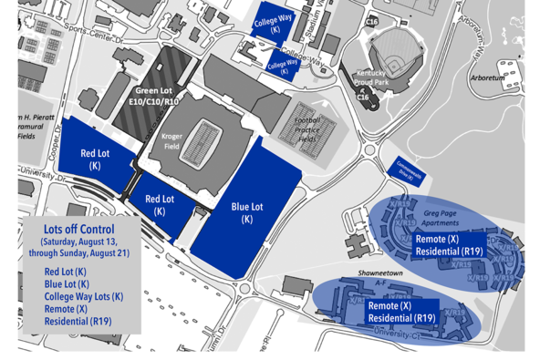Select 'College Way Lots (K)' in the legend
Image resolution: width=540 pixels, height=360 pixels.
click(x=84, y=297)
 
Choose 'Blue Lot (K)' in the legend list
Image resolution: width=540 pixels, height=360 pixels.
click(x=65, y=284)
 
